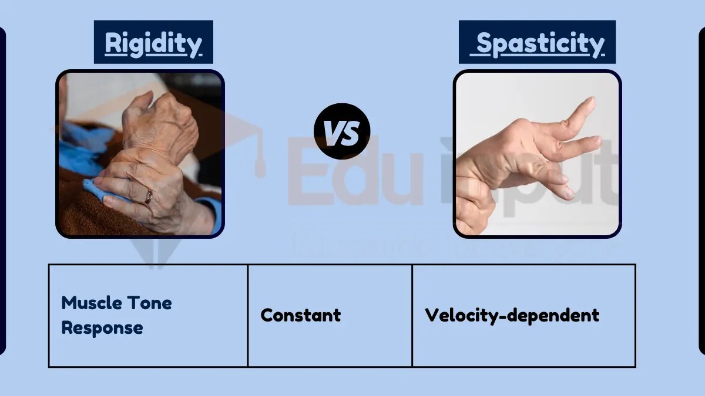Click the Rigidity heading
pyautogui.click(x=153, y=43)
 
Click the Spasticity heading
pyautogui.click(x=538, y=43)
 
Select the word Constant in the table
pyautogui.click(x=300, y=315)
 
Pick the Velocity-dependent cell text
pyautogui.click(x=512, y=315)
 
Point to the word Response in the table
pyautogui.click(x=102, y=327)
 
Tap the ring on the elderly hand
pyautogui.click(x=149, y=197)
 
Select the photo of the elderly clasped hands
pyautogui.click(x=140, y=154)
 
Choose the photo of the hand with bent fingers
pyautogui.click(x=537, y=154)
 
